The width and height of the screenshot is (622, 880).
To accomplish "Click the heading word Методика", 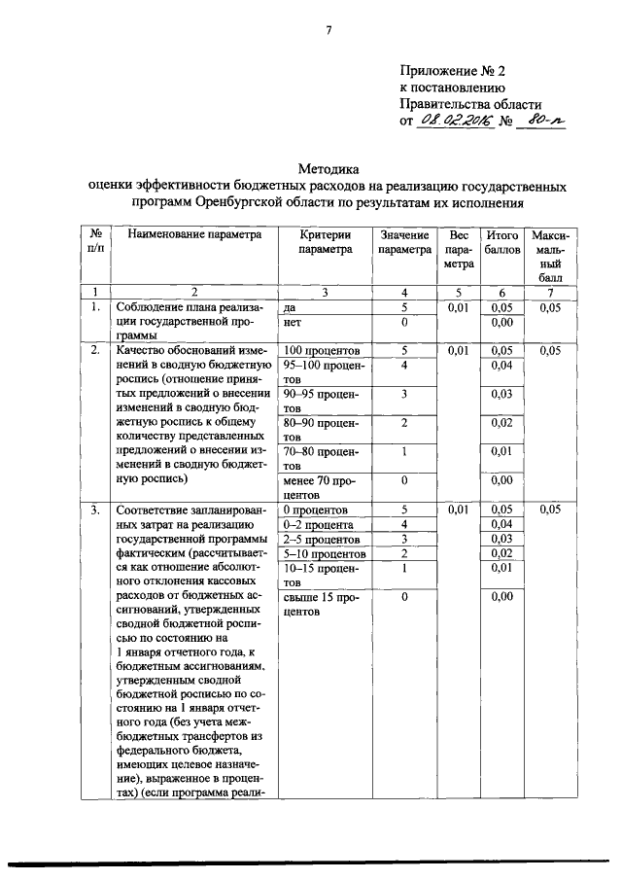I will pyautogui.click(x=328, y=168).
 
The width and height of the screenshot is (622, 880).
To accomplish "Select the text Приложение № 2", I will pyautogui.click(x=452, y=71).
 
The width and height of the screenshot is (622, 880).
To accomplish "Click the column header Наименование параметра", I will pyautogui.click(x=194, y=235).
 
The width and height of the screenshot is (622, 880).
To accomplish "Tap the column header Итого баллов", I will pyautogui.click(x=501, y=242).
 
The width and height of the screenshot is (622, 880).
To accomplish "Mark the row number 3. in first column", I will pyautogui.click(x=95, y=510).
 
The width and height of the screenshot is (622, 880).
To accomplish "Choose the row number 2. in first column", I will pyautogui.click(x=95, y=349).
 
